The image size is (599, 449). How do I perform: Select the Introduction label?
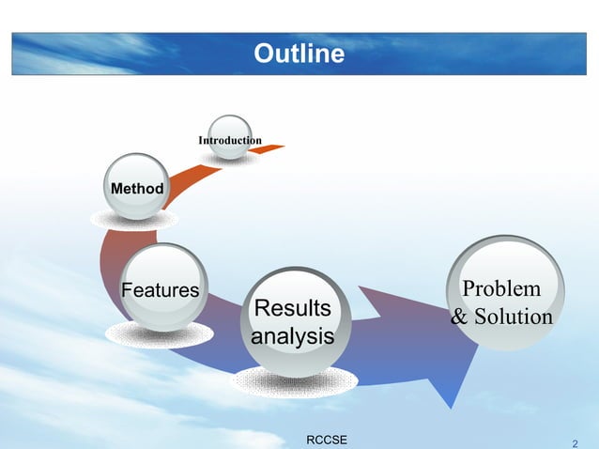click(229, 141)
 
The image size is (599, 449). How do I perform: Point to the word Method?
click(137, 190)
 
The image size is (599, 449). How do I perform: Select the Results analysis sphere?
click(294, 321)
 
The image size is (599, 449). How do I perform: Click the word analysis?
click(294, 336)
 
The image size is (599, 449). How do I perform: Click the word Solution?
click(513, 317)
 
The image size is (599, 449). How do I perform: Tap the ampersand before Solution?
click(460, 317)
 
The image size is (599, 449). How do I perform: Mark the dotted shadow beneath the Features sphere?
click(159, 334)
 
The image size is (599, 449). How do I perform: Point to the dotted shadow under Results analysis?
click(294, 381)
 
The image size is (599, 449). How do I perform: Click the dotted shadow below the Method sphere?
click(134, 220)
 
